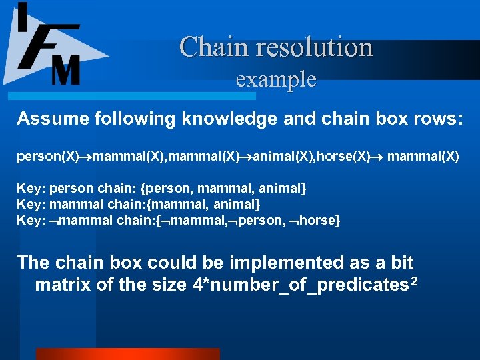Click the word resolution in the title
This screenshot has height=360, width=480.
click(x=309, y=47)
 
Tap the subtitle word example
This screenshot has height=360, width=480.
click(x=276, y=79)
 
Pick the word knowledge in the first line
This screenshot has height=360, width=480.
click(x=215, y=119)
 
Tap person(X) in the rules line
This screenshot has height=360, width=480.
click(x=41, y=157)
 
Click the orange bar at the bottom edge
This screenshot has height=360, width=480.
click(x=127, y=354)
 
